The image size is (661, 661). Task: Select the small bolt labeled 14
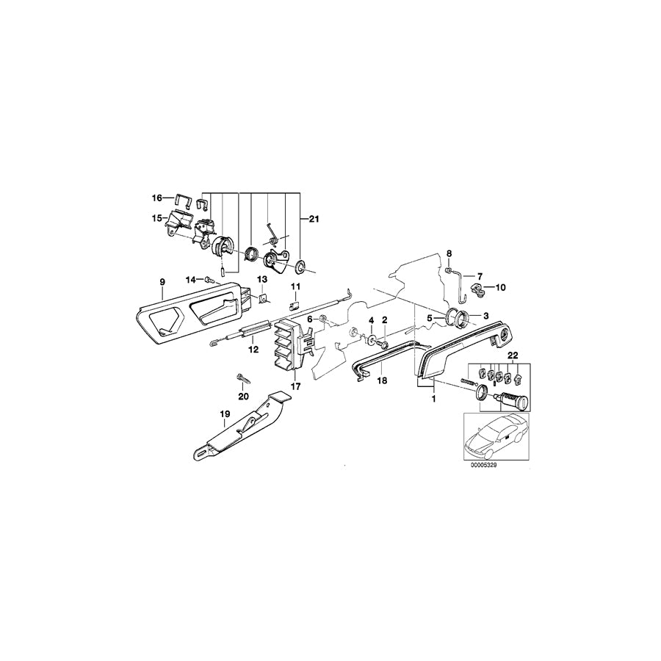[209, 279]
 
